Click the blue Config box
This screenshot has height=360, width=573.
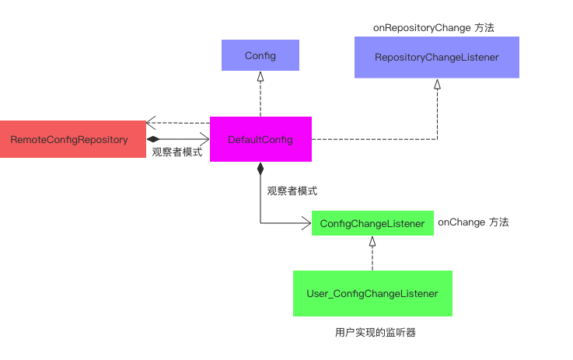(x=260, y=56)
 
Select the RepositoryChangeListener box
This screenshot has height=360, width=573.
(x=436, y=58)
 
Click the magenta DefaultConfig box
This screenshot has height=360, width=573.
(x=260, y=139)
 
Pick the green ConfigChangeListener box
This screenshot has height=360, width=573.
(x=372, y=224)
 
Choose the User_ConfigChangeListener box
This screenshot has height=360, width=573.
(x=372, y=293)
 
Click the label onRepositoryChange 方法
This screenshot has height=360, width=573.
(x=434, y=27)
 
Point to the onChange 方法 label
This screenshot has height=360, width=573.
(x=473, y=222)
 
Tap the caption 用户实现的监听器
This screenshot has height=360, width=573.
(x=376, y=332)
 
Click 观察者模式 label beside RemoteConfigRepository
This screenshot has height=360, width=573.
(x=176, y=152)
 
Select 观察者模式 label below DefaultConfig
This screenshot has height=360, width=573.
(x=292, y=190)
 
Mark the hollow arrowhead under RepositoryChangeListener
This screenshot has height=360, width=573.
(x=437, y=83)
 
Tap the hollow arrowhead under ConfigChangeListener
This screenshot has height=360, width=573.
(x=372, y=241)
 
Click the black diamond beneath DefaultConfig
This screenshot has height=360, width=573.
(x=260, y=168)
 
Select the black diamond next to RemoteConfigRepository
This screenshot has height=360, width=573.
(x=152, y=140)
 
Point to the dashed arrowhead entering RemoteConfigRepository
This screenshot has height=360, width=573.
(x=150, y=123)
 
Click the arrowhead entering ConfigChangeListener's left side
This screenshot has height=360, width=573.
(x=306, y=224)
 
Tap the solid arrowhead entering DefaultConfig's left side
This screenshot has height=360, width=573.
(x=204, y=140)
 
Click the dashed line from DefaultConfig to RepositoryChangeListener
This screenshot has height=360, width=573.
(x=373, y=140)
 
